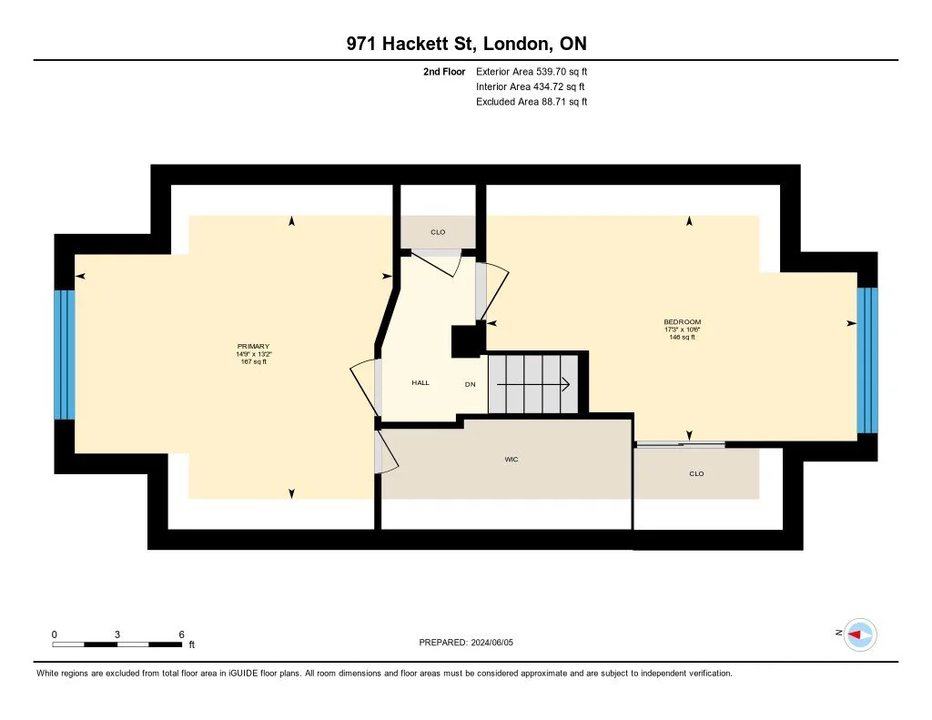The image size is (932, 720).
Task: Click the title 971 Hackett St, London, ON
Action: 465,44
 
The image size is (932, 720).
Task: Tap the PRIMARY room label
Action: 253,347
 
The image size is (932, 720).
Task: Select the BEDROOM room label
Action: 682,322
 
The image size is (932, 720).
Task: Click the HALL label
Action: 420,383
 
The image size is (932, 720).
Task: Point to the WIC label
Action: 512,460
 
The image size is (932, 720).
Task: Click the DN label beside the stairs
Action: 471,384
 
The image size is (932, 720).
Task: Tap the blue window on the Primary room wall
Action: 64,354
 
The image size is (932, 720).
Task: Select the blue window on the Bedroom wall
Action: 867,360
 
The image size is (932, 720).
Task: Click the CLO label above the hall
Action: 438,232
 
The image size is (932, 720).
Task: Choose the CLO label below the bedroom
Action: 696,473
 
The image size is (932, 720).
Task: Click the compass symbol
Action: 859,634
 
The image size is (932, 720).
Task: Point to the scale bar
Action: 116,644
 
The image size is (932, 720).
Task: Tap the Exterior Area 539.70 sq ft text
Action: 532,71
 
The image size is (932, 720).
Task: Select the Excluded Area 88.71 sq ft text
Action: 532,102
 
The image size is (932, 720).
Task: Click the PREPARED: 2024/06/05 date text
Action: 472,643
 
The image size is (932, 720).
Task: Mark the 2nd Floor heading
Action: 444,71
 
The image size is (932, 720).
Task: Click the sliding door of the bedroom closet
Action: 680,444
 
